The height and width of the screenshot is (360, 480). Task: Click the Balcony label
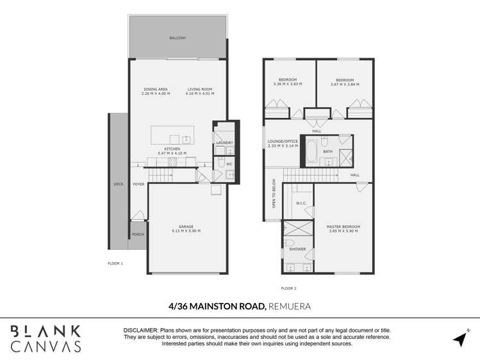pos(178,38)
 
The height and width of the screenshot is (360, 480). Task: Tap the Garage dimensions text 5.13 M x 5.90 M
pos(186,231)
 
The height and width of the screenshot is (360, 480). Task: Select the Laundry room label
pos(225,143)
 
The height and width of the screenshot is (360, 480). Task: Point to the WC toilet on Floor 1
pos(221,162)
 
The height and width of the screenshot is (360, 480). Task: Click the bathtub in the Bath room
pos(312,151)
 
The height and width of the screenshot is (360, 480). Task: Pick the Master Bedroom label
pos(343,227)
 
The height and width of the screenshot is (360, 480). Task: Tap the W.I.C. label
pos(301,203)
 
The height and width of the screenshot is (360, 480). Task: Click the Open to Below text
pos(274,193)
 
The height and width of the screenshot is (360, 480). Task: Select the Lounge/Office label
pos(283,142)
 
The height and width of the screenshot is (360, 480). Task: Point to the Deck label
pos(118,184)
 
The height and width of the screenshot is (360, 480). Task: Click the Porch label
pos(138,234)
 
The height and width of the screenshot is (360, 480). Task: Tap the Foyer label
pos(138,184)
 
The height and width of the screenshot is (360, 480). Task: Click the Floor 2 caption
pos(288,288)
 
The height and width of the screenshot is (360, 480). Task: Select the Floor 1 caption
pos(115,263)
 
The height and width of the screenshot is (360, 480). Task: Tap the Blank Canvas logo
pos(46,339)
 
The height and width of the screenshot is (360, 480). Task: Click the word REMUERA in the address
pos(289,306)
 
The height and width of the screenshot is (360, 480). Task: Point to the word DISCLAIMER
pos(141,331)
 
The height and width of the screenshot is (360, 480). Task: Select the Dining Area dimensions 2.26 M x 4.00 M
pos(156,94)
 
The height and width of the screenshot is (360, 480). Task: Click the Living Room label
pos(200,89)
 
